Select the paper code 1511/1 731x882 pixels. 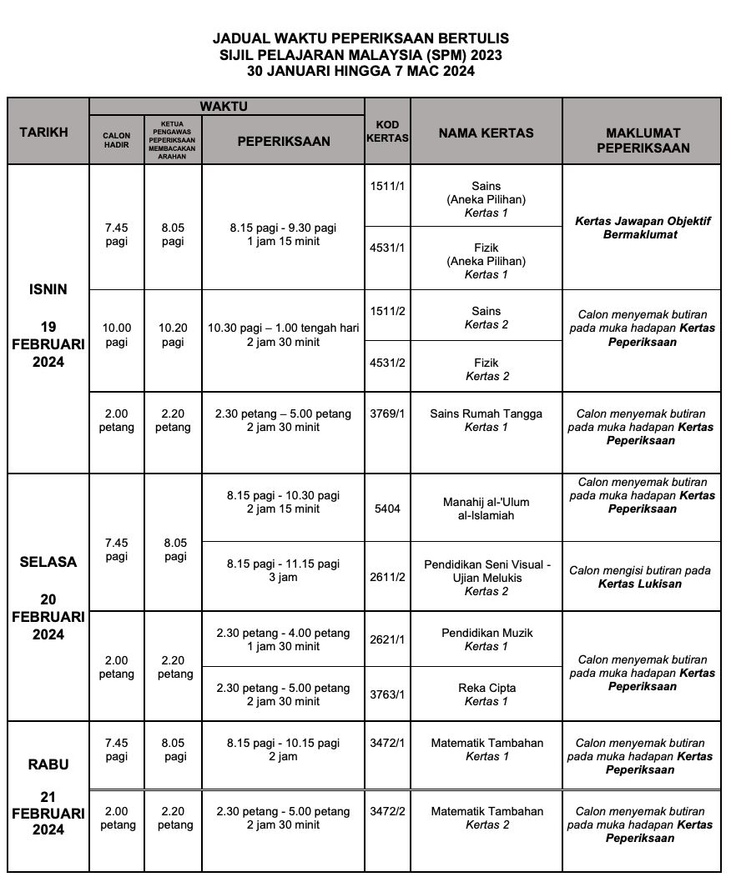click(x=387, y=186)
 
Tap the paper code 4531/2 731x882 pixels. click(x=387, y=363)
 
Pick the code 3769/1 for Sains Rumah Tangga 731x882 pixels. click(x=387, y=413)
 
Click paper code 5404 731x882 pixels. click(x=387, y=509)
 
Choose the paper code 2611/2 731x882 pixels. click(x=387, y=577)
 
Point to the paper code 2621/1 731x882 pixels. click(x=387, y=639)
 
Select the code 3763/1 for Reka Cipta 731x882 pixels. click(x=387, y=694)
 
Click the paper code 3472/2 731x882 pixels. click(x=387, y=811)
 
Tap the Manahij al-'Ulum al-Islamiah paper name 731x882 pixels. click(x=486, y=509)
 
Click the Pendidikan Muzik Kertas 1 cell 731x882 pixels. click(x=486, y=639)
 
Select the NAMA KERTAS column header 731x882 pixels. click(x=486, y=133)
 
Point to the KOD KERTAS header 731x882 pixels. click(x=387, y=132)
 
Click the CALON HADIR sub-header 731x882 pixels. click(x=117, y=141)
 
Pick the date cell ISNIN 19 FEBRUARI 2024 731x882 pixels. click(x=48, y=326)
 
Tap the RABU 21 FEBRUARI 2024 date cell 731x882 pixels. click(x=48, y=797)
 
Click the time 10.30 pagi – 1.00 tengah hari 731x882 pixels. click(x=284, y=328)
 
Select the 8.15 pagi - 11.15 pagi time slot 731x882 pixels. click(x=284, y=564)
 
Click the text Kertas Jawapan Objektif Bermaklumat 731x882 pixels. click(x=641, y=228)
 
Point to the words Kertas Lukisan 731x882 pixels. click(x=640, y=584)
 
